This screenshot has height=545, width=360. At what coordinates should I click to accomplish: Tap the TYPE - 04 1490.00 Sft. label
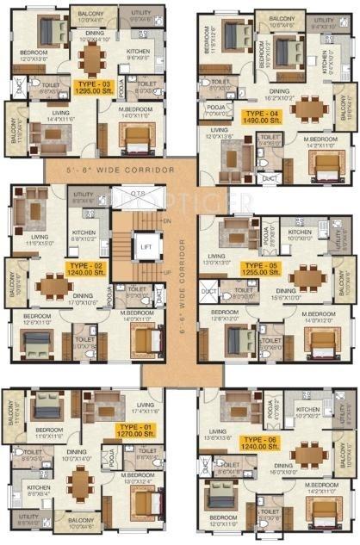262,115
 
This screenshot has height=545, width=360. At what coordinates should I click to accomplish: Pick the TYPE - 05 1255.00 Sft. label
258,269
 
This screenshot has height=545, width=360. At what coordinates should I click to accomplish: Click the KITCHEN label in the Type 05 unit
300,232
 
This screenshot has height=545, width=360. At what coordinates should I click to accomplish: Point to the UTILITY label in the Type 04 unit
324,20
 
